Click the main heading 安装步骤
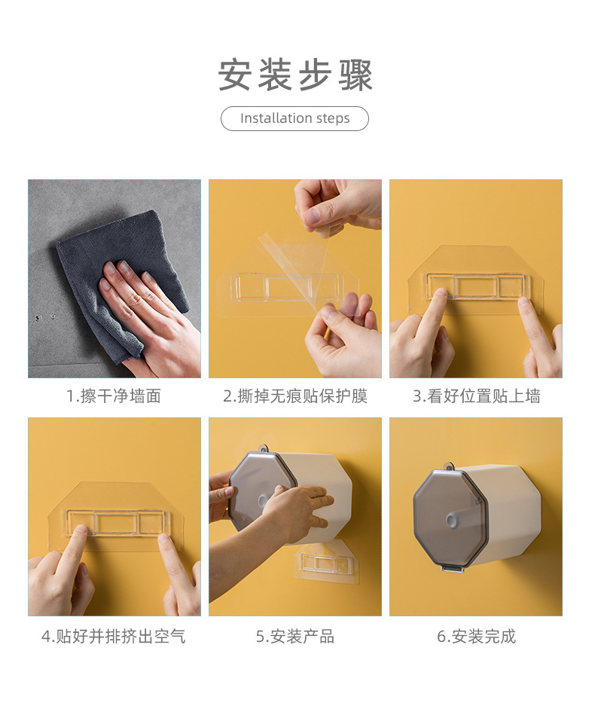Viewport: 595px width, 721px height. (x=295, y=75)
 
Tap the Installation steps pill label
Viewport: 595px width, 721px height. (x=295, y=119)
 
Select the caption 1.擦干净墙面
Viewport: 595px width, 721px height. (x=114, y=396)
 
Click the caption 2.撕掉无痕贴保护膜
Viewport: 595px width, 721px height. (x=295, y=396)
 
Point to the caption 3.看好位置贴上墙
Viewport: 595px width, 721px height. (x=476, y=396)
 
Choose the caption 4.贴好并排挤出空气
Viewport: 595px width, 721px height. (x=114, y=637)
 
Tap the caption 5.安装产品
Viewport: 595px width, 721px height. (x=295, y=637)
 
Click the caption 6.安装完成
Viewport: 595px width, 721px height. (x=476, y=637)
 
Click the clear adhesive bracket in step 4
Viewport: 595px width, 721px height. (x=114, y=521)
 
